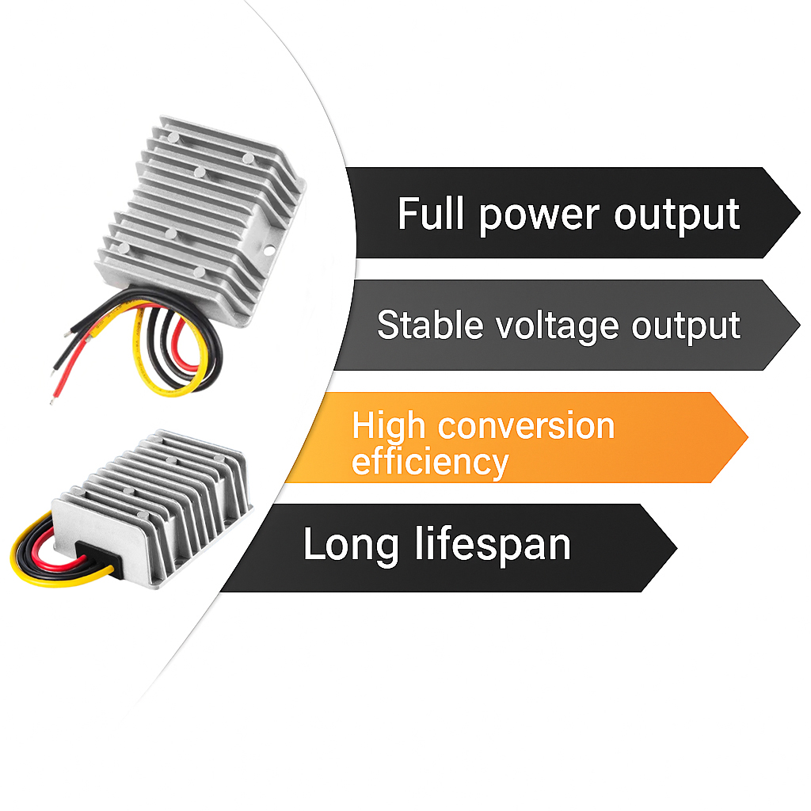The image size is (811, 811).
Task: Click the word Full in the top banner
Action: [432, 214]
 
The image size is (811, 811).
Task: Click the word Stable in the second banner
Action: [428, 325]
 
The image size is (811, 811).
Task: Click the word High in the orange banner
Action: [389, 426]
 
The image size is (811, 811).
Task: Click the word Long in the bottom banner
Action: [351, 545]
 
